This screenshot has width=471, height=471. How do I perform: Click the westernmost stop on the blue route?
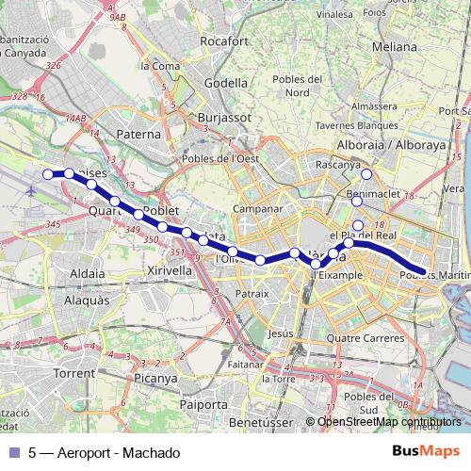click(x=49, y=173)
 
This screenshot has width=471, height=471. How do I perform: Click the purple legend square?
click(x=13, y=453)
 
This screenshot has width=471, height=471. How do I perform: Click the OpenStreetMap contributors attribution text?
click(x=389, y=422)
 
